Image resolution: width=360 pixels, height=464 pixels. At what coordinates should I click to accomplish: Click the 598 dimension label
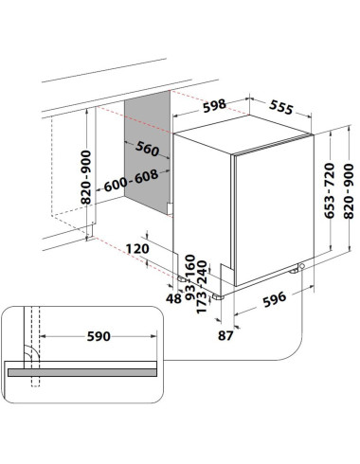click(214, 106)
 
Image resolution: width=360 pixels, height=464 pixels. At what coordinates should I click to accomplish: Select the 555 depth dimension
click(281, 107)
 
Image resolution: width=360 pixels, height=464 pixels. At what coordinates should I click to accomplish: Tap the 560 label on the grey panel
click(147, 149)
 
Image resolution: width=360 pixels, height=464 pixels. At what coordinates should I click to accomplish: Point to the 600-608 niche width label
click(131, 181)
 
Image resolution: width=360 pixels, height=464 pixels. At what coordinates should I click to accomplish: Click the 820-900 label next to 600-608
click(86, 177)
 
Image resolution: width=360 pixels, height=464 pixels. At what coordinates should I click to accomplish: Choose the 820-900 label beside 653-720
click(349, 191)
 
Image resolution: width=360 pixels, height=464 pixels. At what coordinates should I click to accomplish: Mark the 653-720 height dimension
click(330, 190)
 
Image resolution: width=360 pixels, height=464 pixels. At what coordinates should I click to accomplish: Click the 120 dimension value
click(137, 249)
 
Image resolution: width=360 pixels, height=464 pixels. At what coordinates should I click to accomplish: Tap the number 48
click(174, 298)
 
